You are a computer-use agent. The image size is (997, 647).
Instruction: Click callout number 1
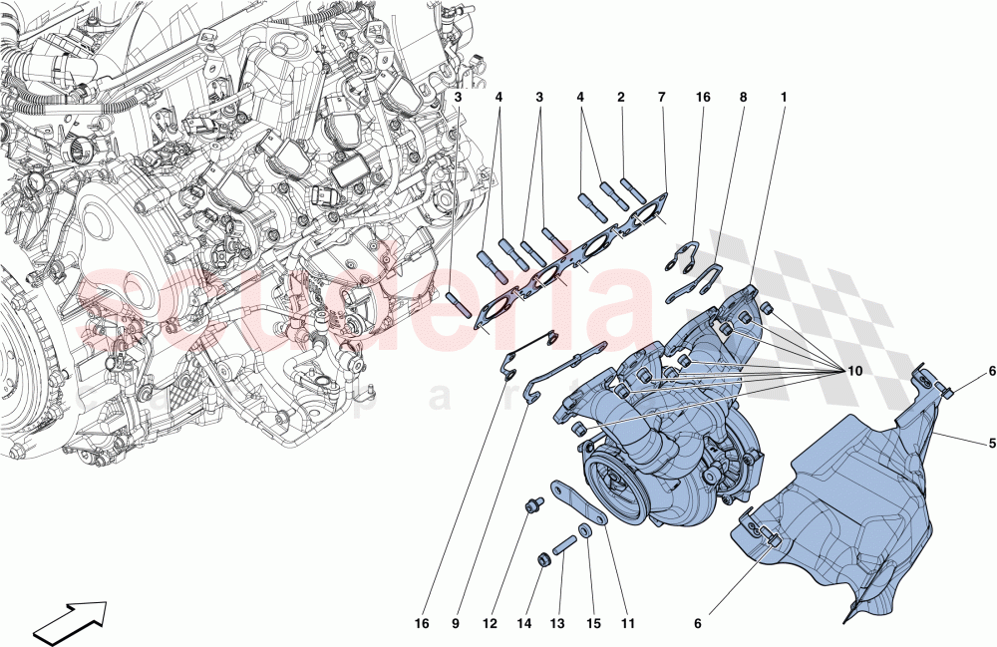(784, 98)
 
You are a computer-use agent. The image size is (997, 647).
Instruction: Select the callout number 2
(619, 98)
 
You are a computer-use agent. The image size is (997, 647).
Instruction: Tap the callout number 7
(660, 98)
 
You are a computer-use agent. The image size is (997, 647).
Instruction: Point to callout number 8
(743, 98)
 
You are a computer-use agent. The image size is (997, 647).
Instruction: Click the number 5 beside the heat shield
(993, 443)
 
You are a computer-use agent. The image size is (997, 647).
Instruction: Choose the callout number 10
(853, 371)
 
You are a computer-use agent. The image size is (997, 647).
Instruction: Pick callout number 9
(455, 623)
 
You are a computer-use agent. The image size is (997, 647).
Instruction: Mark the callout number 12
(490, 623)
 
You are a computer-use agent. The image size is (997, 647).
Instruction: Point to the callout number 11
(628, 623)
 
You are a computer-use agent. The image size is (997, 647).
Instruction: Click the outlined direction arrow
(70, 618)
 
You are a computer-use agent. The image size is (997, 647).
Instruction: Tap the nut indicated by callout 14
(544, 559)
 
